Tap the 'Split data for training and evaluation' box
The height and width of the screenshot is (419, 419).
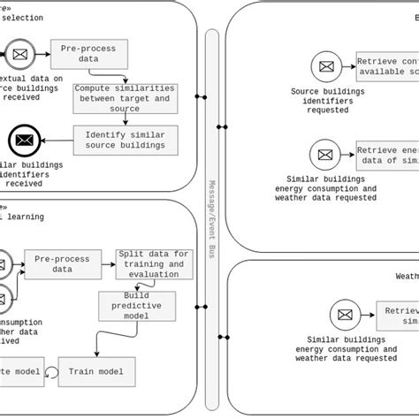pyautogui.click(x=152, y=263)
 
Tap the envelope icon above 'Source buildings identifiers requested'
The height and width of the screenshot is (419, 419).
pyautogui.click(x=326, y=65)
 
